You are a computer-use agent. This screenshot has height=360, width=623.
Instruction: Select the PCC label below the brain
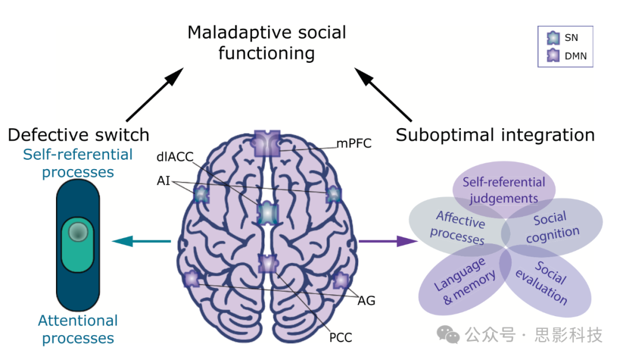[x=340, y=337]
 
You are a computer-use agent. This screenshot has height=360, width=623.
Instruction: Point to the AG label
[x=366, y=300]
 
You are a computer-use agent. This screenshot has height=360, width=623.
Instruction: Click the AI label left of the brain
[x=163, y=181]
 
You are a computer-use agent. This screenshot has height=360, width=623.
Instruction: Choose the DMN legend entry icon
[x=553, y=56]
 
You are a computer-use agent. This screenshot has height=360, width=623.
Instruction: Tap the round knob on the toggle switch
[x=78, y=232]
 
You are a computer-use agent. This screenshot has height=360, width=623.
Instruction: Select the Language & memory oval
[x=459, y=282]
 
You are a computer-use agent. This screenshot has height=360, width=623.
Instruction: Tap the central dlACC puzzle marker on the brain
[x=267, y=213]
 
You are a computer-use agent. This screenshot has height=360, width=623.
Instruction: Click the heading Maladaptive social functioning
[x=267, y=43]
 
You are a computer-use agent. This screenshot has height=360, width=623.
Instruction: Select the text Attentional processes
[x=78, y=329]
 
